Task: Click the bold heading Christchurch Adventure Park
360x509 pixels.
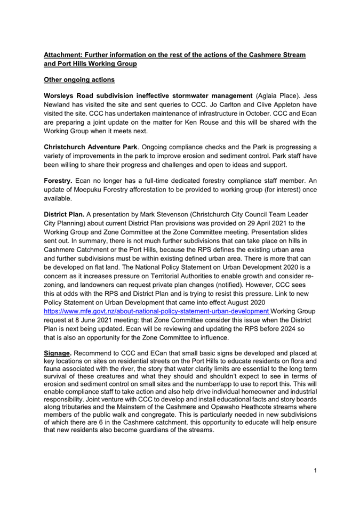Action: [98, 147]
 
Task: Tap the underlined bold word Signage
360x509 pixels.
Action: [58, 353]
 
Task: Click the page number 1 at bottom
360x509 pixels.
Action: [316, 470]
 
